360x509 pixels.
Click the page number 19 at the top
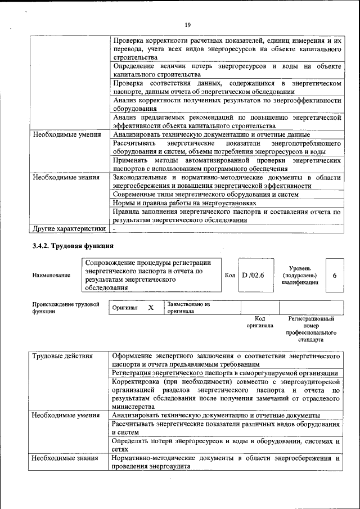pyautogui.click(x=188, y=24)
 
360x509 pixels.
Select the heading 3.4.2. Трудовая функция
pyautogui.click(x=73, y=246)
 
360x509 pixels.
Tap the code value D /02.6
pyautogui.click(x=253, y=275)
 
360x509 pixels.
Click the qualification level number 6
pyautogui.click(x=335, y=275)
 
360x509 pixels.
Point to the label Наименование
pyautogui.click(x=51, y=275)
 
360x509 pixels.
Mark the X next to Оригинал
pyautogui.click(x=150, y=308)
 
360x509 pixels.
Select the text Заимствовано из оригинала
pyautogui.click(x=188, y=307)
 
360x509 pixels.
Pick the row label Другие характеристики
pyautogui.click(x=69, y=229)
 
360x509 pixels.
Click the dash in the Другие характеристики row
pyautogui.click(x=114, y=229)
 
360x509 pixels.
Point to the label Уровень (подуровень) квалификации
pyautogui.click(x=299, y=276)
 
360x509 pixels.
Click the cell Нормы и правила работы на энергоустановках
pyautogui.click(x=184, y=203)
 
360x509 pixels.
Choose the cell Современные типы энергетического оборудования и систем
pyautogui.click(x=205, y=194)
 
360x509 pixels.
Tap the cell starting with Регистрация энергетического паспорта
pyautogui.click(x=225, y=373)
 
